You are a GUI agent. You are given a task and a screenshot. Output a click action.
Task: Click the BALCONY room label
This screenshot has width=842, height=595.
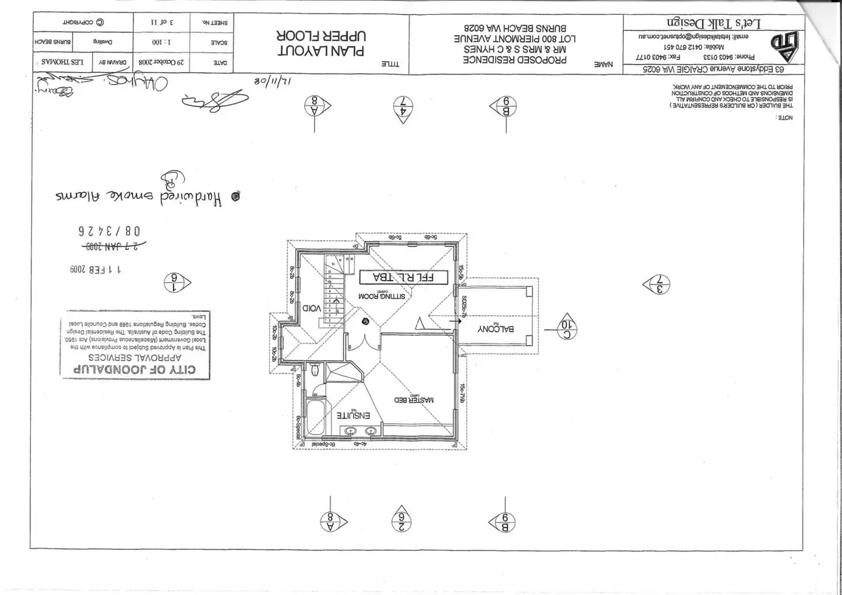[x=495, y=329]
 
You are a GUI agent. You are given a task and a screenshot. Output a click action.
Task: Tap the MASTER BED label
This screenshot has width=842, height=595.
[x=414, y=400]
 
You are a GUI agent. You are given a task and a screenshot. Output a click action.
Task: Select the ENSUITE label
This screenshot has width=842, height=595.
[x=353, y=415]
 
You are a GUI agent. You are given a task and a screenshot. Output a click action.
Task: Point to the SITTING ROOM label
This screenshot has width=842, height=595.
[x=382, y=296]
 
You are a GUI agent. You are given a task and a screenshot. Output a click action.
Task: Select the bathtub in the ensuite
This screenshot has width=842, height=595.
[x=315, y=417]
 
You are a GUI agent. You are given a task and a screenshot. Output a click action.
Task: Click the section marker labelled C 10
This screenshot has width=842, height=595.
[x=567, y=329]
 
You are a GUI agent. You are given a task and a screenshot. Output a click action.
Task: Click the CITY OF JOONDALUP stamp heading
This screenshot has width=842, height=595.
[x=134, y=369]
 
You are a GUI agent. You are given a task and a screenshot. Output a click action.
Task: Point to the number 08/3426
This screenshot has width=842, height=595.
[x=109, y=231]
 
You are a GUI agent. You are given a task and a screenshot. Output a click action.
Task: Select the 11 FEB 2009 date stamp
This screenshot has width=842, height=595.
[x=96, y=269]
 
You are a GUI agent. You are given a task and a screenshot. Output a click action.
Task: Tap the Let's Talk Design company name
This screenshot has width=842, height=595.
[x=714, y=23]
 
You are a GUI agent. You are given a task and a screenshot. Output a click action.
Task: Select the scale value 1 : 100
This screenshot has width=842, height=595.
[x=161, y=42]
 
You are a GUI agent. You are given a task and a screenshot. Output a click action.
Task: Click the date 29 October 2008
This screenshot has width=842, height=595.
[x=161, y=62]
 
